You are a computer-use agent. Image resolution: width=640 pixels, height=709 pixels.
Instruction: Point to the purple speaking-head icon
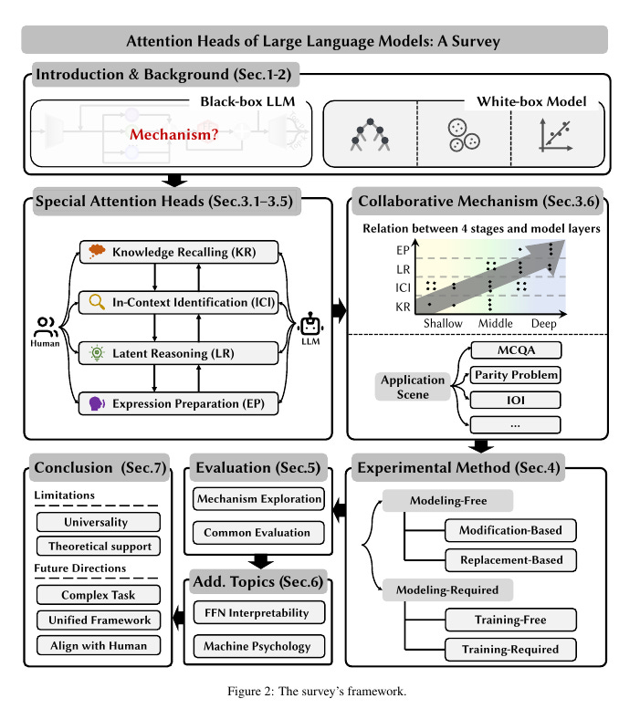click(x=96, y=402)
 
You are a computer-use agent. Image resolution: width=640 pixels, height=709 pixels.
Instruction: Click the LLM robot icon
click(x=312, y=325)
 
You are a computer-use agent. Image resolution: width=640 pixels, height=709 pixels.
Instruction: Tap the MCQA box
click(x=516, y=350)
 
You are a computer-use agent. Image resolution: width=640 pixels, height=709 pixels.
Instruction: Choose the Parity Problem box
click(x=516, y=375)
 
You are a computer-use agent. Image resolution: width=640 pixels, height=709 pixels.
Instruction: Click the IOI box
click(x=516, y=400)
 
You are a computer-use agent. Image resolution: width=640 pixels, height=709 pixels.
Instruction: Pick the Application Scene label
click(x=414, y=387)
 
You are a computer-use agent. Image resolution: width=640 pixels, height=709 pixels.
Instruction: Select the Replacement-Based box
click(x=511, y=559)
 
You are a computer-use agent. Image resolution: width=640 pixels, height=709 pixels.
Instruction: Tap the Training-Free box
click(x=511, y=621)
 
